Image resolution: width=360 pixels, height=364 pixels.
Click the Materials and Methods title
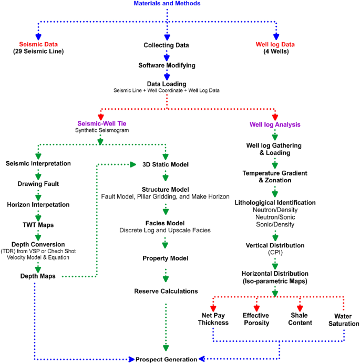167,4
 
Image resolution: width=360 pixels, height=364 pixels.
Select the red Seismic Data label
38,44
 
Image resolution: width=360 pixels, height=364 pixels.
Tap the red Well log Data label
276,44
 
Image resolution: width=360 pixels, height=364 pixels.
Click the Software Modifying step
167,65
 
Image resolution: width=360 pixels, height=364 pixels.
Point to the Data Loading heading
167,84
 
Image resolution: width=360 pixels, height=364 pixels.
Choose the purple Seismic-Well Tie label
100,123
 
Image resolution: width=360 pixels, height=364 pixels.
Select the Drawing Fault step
38,183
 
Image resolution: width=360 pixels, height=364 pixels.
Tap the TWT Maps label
38,224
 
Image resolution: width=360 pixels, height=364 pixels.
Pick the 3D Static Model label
166,164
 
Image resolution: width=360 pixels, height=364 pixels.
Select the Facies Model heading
166,223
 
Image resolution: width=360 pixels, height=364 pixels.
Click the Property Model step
166,258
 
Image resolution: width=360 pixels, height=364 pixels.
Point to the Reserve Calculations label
166,290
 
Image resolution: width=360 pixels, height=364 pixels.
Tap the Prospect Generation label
167,359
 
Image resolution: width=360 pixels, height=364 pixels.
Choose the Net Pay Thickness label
213,319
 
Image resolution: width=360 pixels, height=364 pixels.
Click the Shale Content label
300,319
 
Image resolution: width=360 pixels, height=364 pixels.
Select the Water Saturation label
343,320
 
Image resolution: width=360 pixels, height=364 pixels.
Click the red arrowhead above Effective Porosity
256,307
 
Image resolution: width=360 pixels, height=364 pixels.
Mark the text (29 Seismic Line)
38,51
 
